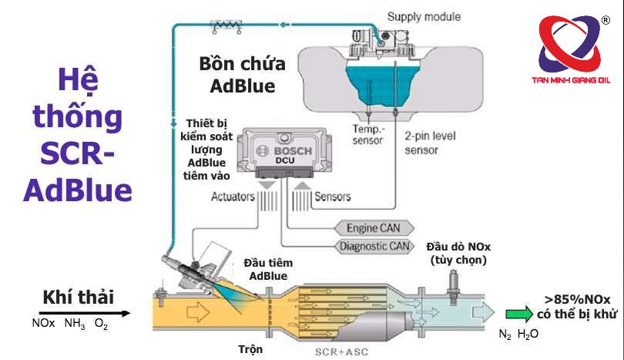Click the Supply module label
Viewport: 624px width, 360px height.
424,15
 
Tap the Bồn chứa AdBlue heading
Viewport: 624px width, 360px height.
243,74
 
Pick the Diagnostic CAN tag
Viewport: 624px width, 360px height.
373,247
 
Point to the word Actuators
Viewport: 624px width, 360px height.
233,197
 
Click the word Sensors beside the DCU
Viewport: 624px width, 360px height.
332,197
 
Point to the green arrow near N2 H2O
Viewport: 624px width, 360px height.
518,314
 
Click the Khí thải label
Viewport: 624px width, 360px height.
78,297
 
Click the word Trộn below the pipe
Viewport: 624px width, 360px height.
250,349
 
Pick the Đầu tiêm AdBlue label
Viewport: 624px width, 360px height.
268,269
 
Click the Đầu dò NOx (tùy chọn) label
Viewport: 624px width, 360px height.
458,253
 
